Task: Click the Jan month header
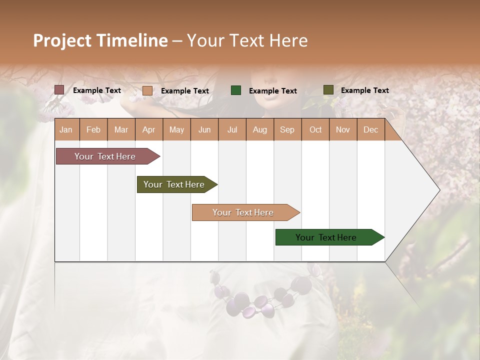click(66, 130)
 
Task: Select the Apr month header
click(149, 130)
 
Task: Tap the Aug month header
click(260, 130)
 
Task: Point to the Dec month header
click(370, 130)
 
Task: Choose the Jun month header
click(204, 130)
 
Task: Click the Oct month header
click(315, 130)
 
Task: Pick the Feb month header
click(93, 130)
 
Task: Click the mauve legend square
click(59, 90)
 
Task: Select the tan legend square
click(147, 90)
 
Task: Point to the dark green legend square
click(236, 90)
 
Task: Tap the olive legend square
click(328, 90)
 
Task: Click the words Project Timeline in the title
click(100, 40)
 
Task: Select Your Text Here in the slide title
click(247, 40)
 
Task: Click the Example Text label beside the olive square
click(364, 90)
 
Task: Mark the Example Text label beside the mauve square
click(97, 90)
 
